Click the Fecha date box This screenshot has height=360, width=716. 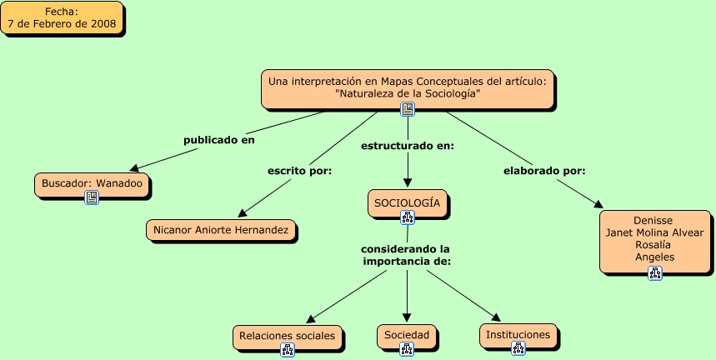click(x=62, y=17)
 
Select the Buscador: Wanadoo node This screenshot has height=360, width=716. click(x=92, y=185)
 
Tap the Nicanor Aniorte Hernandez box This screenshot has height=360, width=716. click(x=221, y=230)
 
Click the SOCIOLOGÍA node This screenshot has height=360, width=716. click(x=408, y=203)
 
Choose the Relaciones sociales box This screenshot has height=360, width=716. click(x=288, y=337)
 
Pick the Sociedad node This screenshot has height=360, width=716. click(x=407, y=337)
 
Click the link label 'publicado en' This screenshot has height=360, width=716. click(x=219, y=140)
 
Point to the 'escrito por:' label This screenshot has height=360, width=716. click(x=299, y=171)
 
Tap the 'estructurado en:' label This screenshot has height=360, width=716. click(x=408, y=146)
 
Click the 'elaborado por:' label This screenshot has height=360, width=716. click(x=544, y=171)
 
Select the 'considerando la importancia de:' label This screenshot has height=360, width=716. click(x=405, y=256)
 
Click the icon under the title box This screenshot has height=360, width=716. click(x=408, y=109)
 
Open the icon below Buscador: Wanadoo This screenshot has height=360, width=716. click(x=92, y=197)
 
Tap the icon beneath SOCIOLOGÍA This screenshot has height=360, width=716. click(x=408, y=217)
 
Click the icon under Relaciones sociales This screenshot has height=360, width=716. click(x=288, y=349)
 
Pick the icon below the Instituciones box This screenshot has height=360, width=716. click(x=518, y=348)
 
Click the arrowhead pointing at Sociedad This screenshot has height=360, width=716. click(x=407, y=318)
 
